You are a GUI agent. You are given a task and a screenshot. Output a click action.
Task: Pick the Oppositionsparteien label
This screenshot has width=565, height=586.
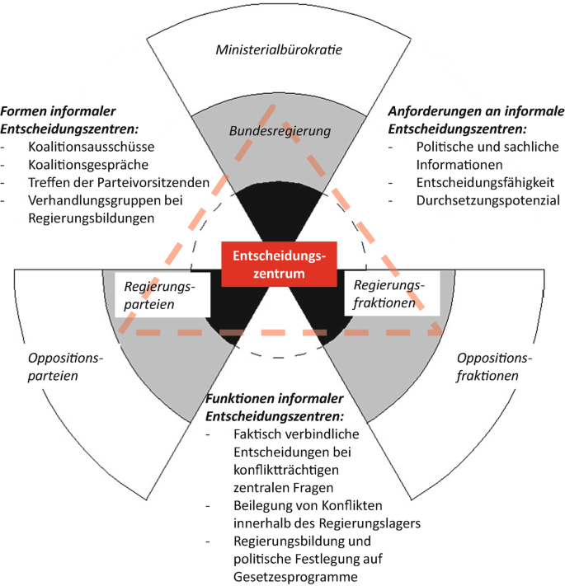pyautogui.click(x=64, y=368)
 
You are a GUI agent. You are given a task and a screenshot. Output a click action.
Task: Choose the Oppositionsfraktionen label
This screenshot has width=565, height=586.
pyautogui.click(x=490, y=368)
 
